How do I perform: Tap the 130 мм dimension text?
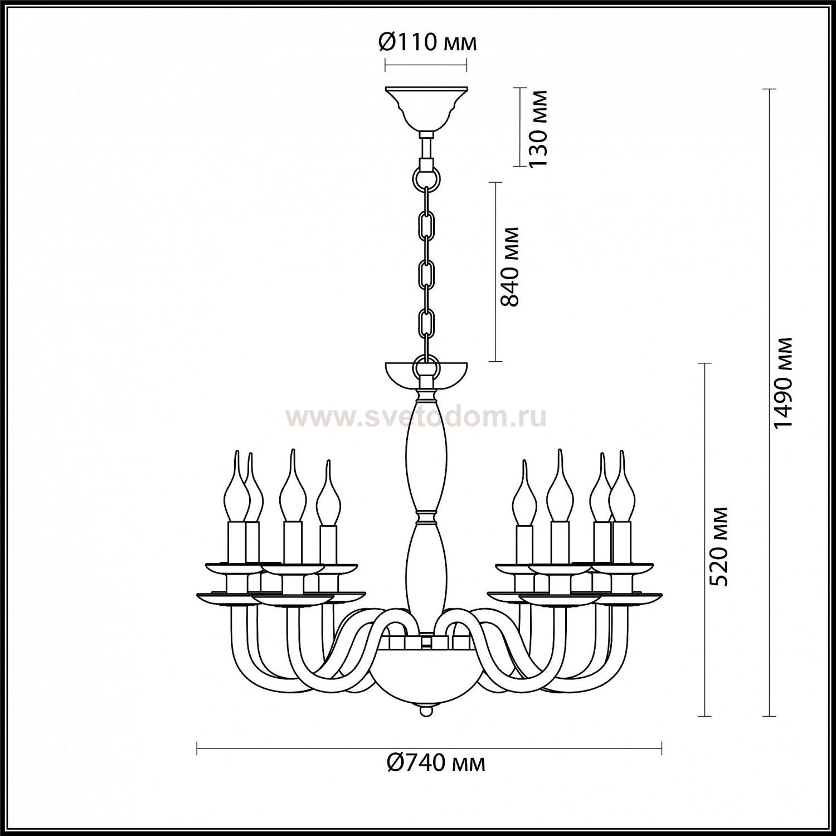click(x=538, y=128)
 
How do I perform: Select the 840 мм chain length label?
click(x=509, y=266)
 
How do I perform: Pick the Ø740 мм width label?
click(x=436, y=762)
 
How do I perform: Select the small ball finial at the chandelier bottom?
click(x=426, y=711)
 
